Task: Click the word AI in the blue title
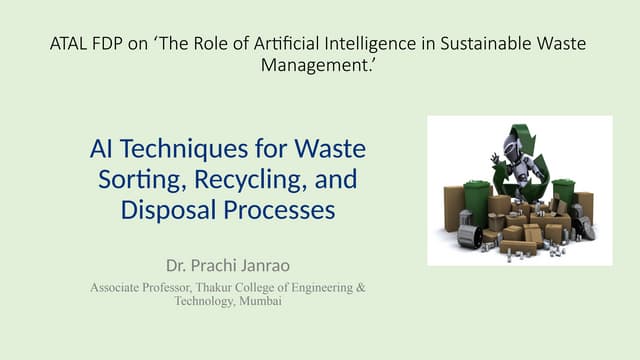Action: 102,150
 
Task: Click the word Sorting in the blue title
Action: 138,181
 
